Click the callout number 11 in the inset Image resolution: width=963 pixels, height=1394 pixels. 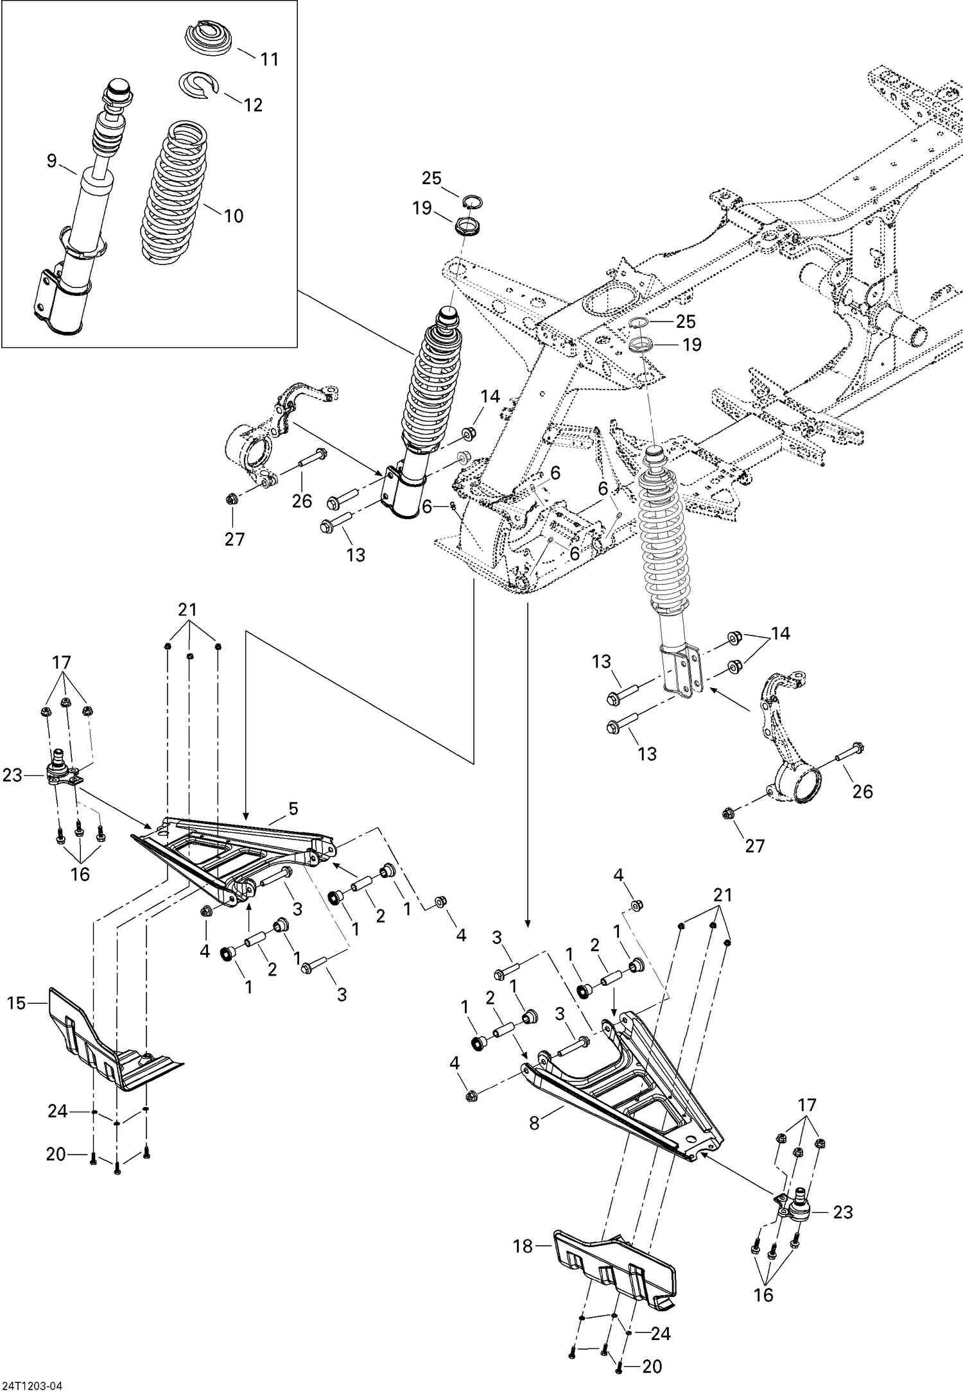point(270,59)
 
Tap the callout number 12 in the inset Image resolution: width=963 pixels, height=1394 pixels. point(253,105)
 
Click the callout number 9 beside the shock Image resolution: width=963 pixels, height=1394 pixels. point(51,161)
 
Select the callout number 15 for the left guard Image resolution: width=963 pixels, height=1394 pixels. point(16,1002)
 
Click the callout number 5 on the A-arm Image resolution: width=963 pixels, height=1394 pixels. point(293,809)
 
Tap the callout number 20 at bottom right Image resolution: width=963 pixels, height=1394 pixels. point(652,1367)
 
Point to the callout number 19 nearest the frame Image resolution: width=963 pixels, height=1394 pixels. point(691,345)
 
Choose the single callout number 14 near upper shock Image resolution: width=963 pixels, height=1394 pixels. point(490,396)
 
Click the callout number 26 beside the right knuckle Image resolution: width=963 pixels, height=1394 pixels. point(862,791)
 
